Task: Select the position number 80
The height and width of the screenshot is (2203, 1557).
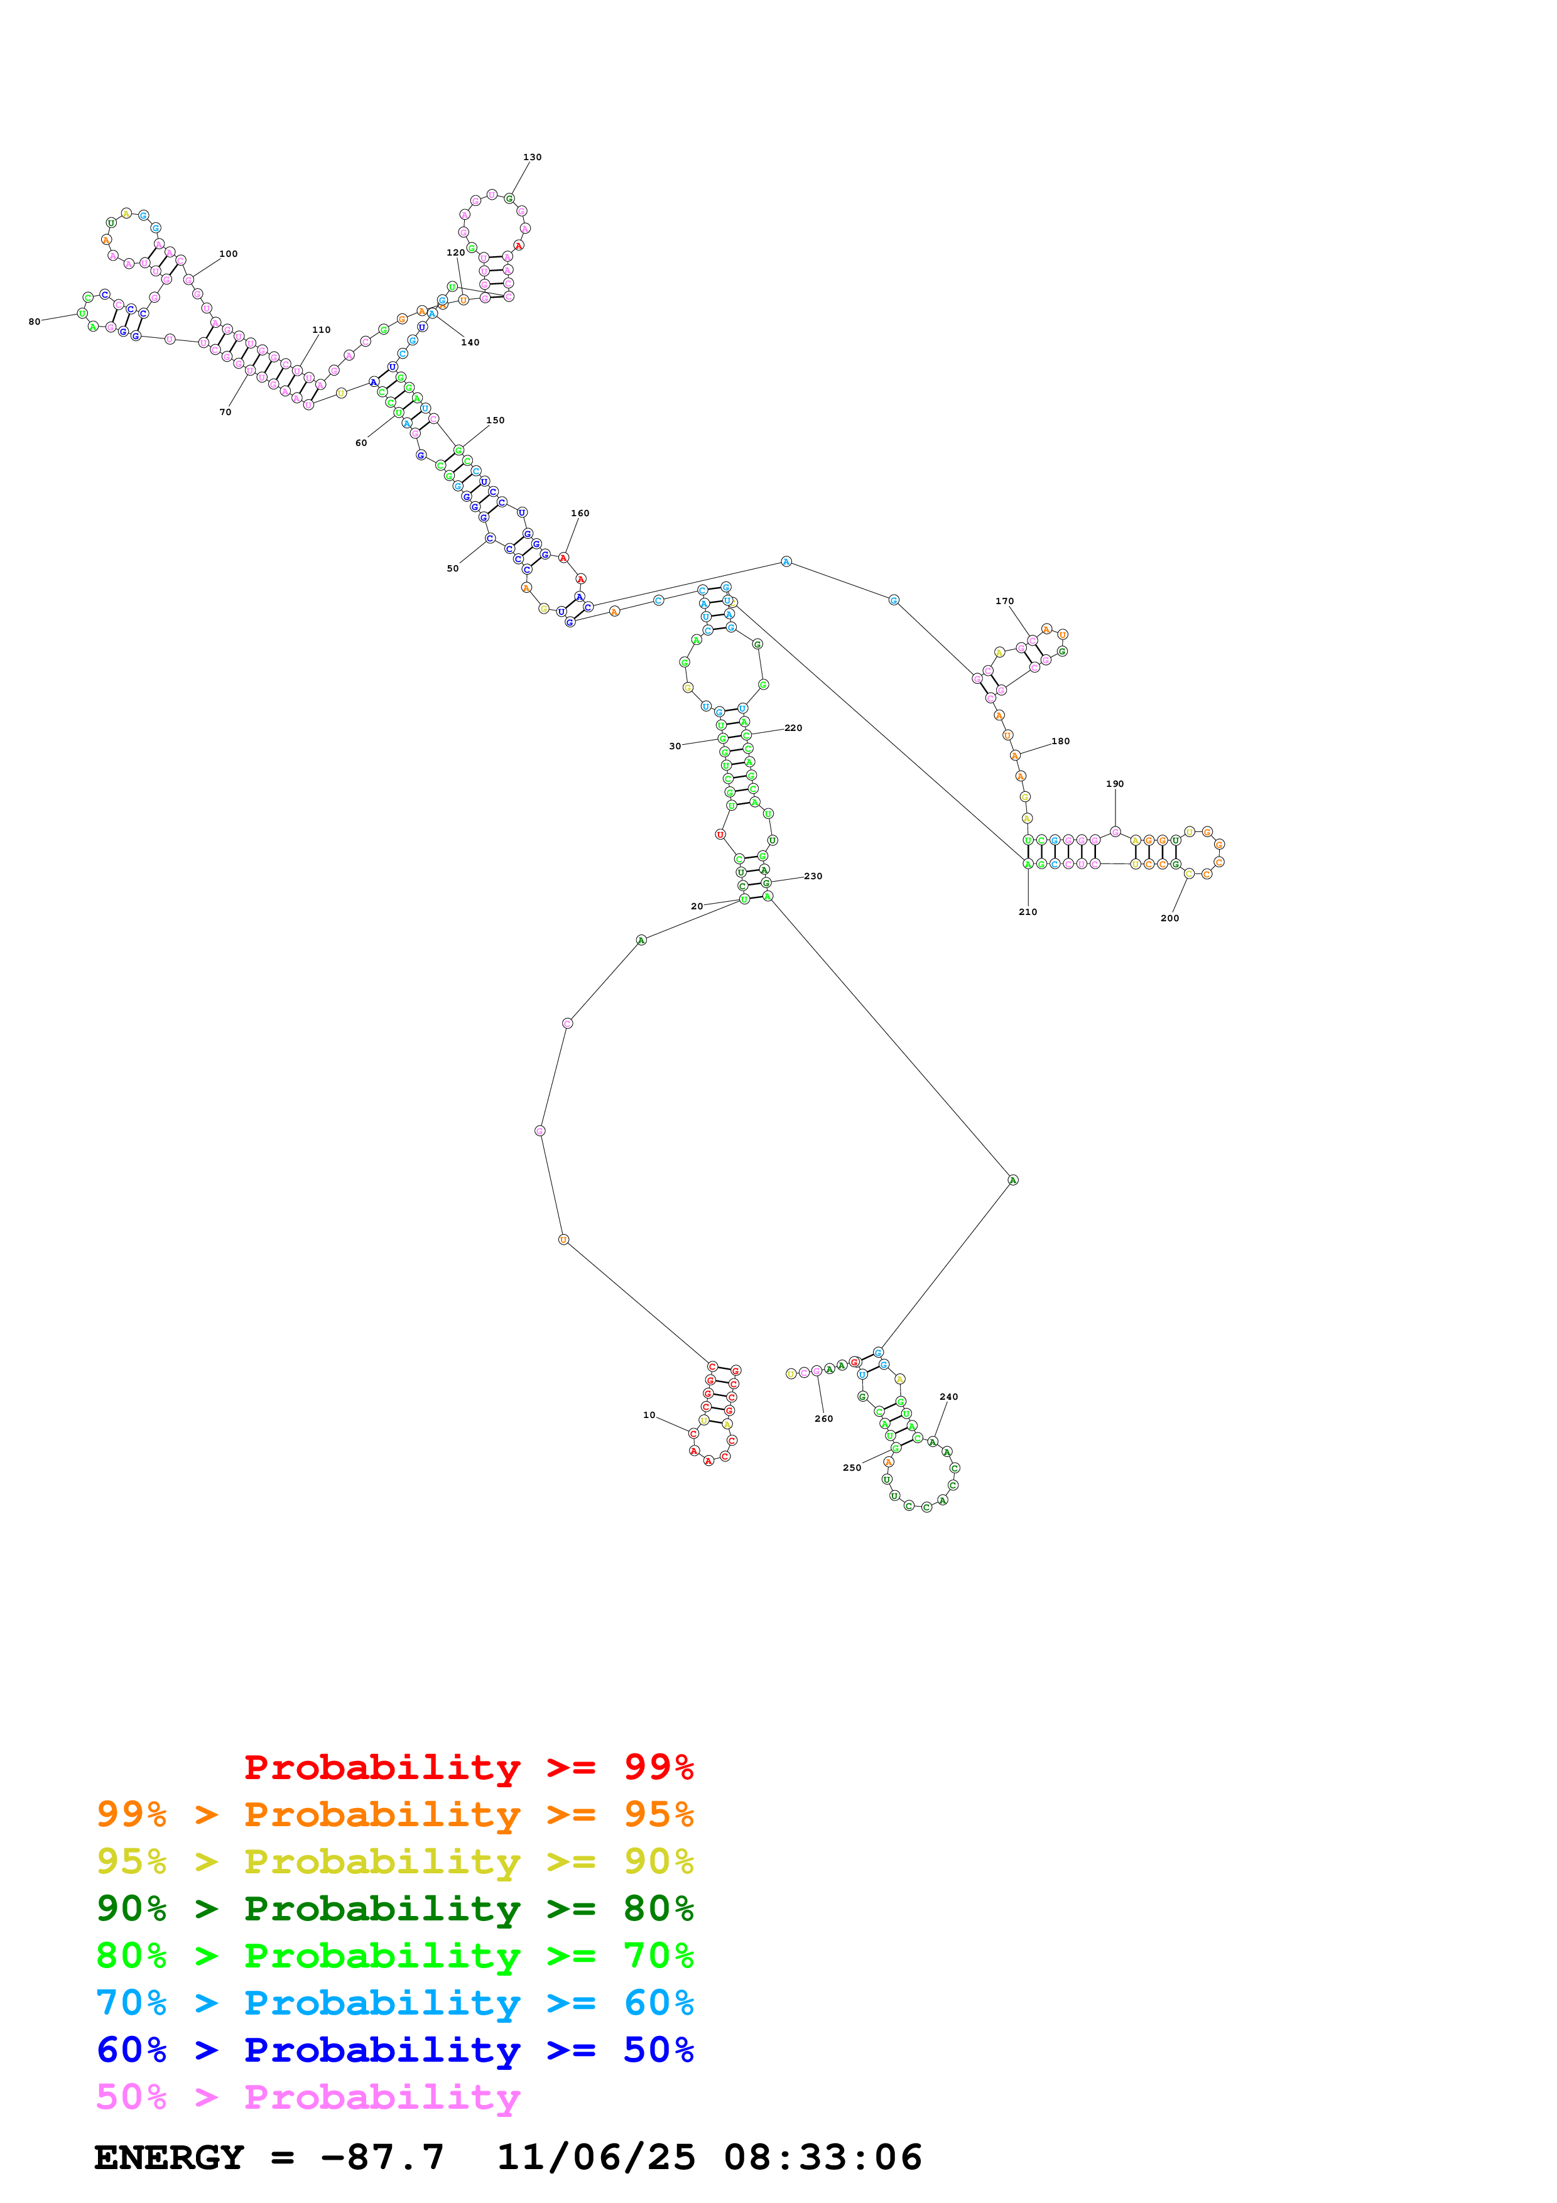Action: tap(35, 322)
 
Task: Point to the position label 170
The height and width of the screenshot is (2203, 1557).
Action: tap(1004, 602)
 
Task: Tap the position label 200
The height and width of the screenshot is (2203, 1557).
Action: tap(1169, 918)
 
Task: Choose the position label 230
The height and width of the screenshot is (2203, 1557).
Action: tap(813, 876)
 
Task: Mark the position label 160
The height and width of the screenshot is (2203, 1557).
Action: tap(580, 513)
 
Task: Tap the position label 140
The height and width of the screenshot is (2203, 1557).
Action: tap(469, 342)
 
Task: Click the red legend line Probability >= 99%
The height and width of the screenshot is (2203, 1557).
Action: tap(468, 1767)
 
